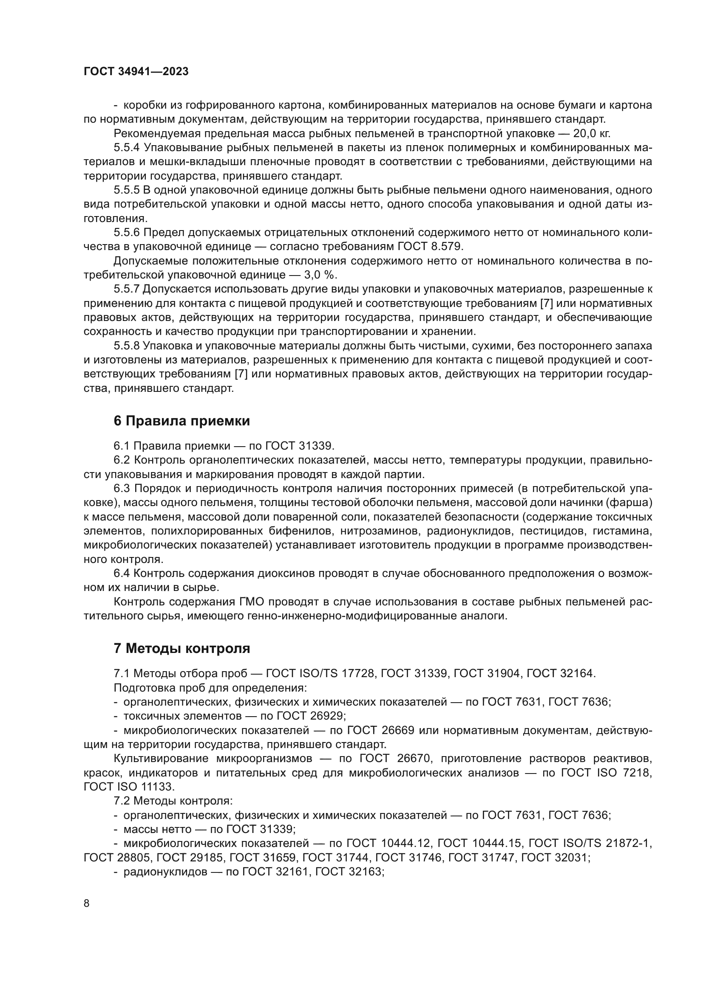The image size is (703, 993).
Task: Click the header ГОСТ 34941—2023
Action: point(136,72)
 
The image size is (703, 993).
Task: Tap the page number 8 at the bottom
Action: point(87,903)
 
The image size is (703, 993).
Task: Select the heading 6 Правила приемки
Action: point(181,421)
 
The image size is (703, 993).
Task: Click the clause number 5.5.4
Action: point(126,147)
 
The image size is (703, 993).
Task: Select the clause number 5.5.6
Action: point(126,233)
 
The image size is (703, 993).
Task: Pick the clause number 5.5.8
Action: point(126,346)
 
